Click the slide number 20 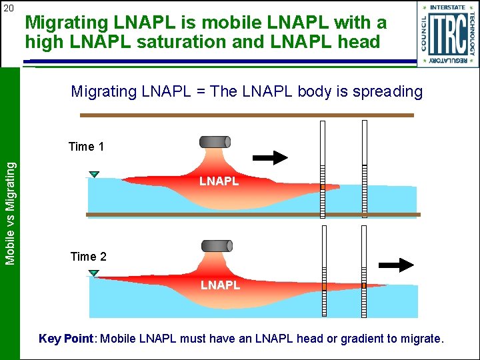(9, 8)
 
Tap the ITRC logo (448, 34)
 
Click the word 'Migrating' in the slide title (67, 23)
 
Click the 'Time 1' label (87, 147)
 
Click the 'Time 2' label (88, 257)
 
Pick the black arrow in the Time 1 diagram (270, 157)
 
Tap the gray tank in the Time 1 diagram (215, 142)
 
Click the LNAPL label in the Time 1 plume (219, 181)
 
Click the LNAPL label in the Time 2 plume (220, 285)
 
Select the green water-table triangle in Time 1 (94, 175)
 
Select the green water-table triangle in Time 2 (94, 273)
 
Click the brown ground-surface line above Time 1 (247, 115)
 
